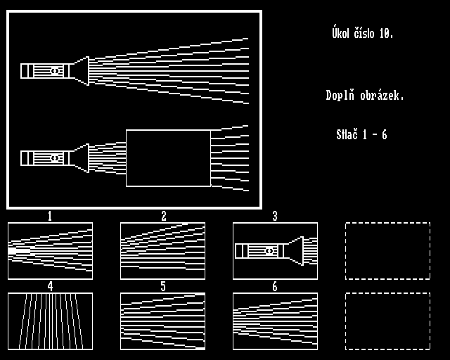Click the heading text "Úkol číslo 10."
[362, 33]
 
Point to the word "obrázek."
[382, 96]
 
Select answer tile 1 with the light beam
[50, 250]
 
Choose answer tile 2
[162, 250]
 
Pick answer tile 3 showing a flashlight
[275, 250]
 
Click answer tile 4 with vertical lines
[50, 321]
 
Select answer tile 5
[162, 321]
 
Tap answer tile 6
[275, 321]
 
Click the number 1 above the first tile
[50, 217]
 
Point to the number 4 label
[50, 287]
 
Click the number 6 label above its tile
[275, 287]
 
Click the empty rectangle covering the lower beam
[168, 158]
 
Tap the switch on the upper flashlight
[54, 71]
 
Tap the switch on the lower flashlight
[54, 158]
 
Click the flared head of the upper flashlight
[81, 71]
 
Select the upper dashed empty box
[387, 250]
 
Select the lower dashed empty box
[387, 321]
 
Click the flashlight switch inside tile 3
[269, 251]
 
